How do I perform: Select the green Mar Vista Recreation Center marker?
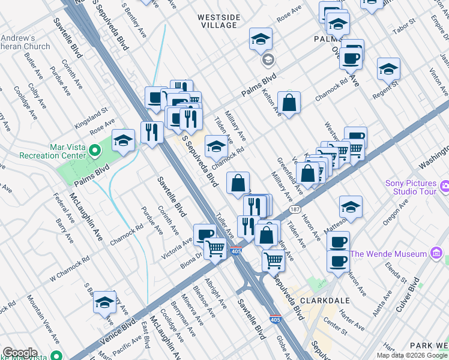[94, 149]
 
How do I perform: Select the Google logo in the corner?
[20, 353]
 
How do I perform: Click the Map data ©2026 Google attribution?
[412, 355]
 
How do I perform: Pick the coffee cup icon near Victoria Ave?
[205, 233]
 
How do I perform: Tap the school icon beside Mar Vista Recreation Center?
[123, 141]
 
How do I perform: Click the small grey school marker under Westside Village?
[267, 59]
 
